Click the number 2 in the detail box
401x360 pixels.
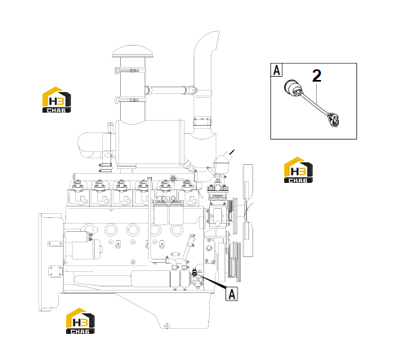tap(317, 76)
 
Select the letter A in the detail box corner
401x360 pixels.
tap(277, 70)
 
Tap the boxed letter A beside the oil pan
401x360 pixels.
tap(232, 294)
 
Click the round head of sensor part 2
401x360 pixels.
tap(292, 87)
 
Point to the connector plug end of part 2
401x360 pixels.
tap(334, 119)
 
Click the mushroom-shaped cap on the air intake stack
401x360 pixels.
tap(132, 51)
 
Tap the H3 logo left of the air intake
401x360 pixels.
tap(56, 100)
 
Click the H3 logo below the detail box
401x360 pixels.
tap(298, 170)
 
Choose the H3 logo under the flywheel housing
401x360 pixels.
tap(80, 321)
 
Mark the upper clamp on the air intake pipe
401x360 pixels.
tap(131, 70)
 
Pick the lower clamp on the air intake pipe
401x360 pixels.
tap(130, 100)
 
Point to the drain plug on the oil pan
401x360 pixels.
tap(167, 325)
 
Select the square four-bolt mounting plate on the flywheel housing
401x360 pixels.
tap(56, 272)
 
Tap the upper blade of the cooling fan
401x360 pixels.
tap(247, 182)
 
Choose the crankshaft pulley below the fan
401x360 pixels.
tap(234, 262)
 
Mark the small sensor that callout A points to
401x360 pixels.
tap(195, 273)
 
